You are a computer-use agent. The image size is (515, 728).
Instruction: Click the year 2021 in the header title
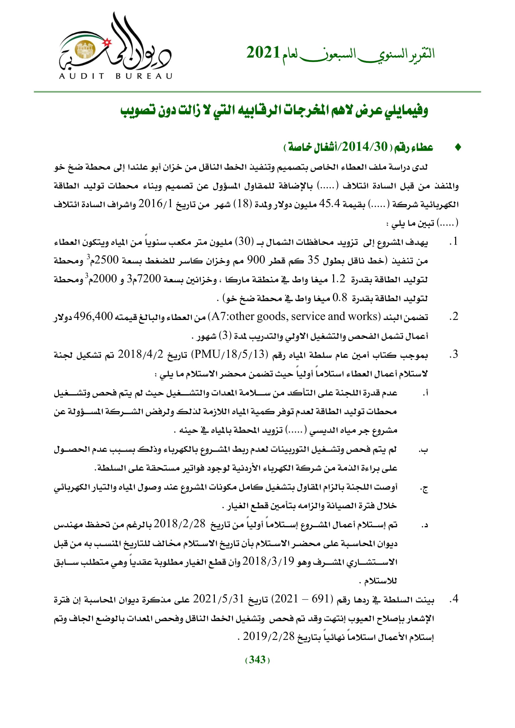click(x=263, y=53)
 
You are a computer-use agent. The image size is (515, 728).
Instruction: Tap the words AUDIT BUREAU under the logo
click(x=116, y=76)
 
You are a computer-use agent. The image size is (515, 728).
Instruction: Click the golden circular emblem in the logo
click(x=85, y=50)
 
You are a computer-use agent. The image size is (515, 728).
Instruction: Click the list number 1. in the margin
click(x=454, y=241)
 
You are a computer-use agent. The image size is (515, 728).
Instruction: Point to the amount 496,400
click(x=93, y=316)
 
